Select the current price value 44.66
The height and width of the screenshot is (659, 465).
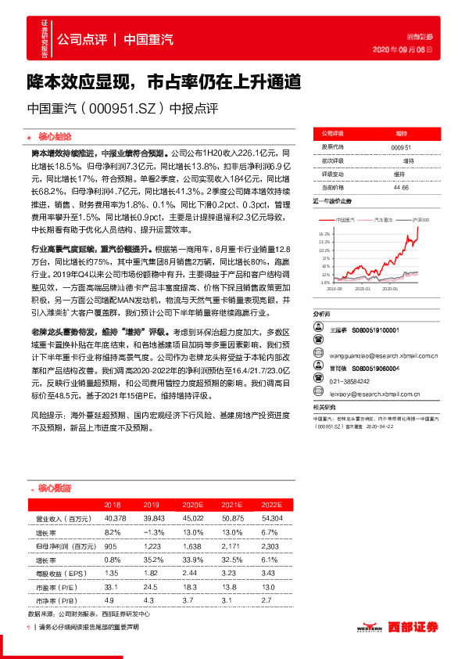point(401,188)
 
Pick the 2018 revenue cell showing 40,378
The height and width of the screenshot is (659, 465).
point(114,517)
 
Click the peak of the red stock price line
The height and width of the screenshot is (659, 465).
point(418,228)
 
